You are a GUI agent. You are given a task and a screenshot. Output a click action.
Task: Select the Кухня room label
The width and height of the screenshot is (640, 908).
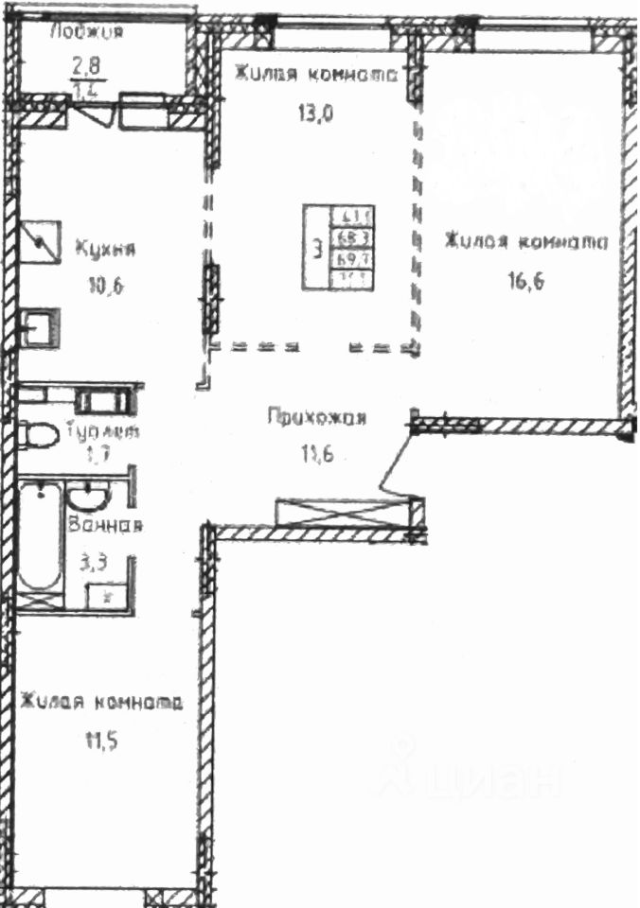coord(105,251)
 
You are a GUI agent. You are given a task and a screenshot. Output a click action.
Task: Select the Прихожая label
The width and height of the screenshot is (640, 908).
coord(316,417)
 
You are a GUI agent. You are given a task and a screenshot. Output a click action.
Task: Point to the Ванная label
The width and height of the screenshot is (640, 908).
coord(104,527)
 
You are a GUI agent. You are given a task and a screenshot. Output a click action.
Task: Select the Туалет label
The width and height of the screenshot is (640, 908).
coord(103,431)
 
